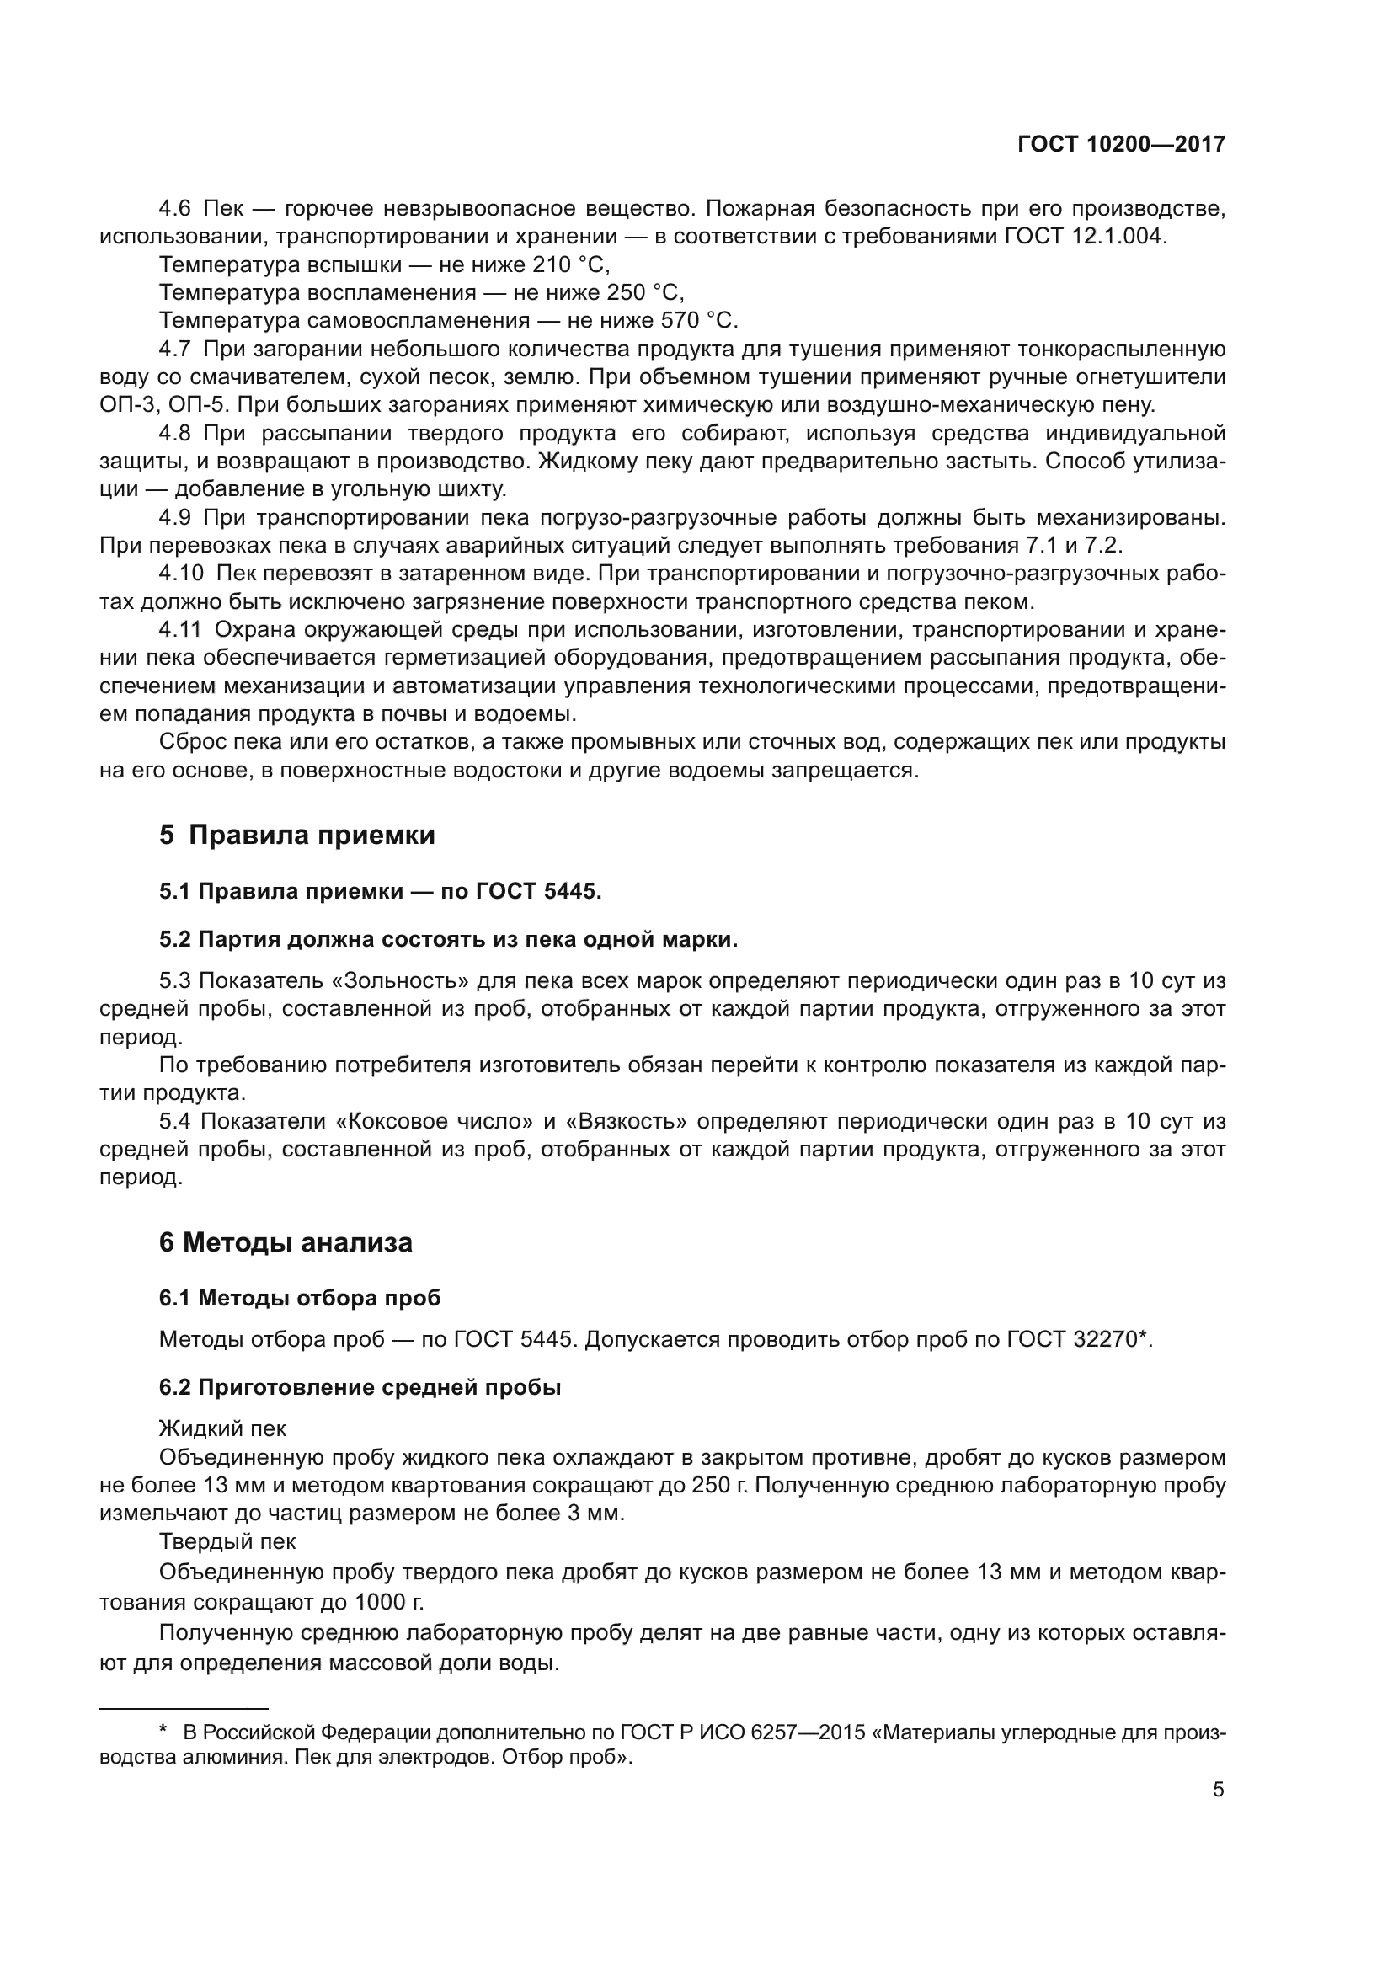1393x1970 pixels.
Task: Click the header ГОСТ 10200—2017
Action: pyautogui.click(x=1121, y=144)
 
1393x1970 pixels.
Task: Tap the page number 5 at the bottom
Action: pyautogui.click(x=1218, y=1790)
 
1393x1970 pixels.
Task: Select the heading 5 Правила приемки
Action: pyautogui.click(x=296, y=835)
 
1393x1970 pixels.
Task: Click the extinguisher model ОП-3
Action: pyautogui.click(x=126, y=405)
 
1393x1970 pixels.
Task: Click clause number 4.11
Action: pyautogui.click(x=180, y=630)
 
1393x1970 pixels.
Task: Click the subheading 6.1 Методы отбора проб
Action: pyautogui.click(x=299, y=1298)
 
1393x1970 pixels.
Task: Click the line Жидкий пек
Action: pyautogui.click(x=222, y=1428)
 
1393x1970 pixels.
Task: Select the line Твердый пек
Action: pyautogui.click(x=227, y=1542)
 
